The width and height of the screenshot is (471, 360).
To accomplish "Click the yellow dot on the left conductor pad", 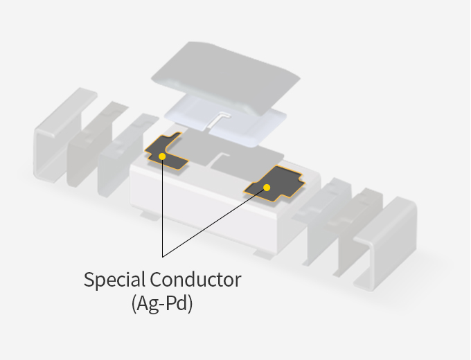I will [162, 156].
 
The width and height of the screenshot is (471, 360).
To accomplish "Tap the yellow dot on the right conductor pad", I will [267, 187].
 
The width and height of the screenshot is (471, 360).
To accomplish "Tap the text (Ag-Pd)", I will [161, 303].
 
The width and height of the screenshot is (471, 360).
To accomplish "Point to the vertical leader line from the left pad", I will [162, 208].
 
